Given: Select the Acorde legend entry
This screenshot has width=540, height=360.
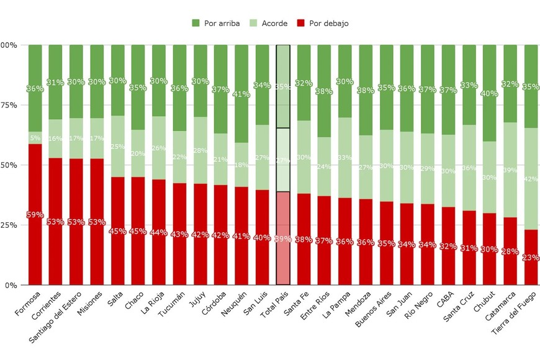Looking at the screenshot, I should click(x=269, y=24).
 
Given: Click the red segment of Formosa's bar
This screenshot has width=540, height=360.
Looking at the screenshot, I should click(x=35, y=248).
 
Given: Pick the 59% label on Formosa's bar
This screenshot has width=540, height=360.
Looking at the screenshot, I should click(x=35, y=215).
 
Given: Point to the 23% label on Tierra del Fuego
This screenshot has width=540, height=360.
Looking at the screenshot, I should click(x=531, y=258).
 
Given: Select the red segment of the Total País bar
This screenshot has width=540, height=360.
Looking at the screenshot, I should click(x=283, y=261).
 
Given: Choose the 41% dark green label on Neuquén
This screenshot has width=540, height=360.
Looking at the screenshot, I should click(x=241, y=94).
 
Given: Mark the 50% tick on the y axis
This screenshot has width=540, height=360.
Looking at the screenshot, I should click(x=8, y=165).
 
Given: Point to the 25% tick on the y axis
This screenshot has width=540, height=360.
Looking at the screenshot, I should click(x=8, y=225).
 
